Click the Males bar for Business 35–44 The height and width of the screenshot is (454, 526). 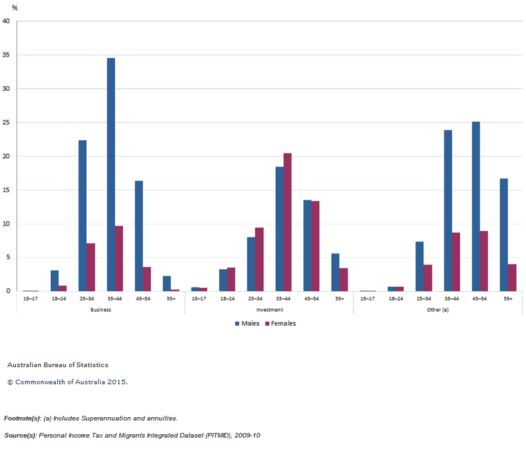(x=111, y=174)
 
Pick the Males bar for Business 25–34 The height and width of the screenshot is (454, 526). (x=82, y=216)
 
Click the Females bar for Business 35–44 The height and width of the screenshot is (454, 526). (x=118, y=259)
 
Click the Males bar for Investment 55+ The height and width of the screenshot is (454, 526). (x=335, y=272)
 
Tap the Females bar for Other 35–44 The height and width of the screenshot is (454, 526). (x=456, y=262)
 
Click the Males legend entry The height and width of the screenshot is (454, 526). (x=247, y=324)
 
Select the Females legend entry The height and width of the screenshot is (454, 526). (x=279, y=324)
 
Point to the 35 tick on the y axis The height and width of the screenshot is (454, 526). (x=6, y=55)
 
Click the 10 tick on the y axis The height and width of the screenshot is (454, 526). (x=6, y=224)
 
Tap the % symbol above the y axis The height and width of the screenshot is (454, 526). (x=14, y=8)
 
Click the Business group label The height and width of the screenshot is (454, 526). (x=100, y=309)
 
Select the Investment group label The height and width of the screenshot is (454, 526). (x=269, y=309)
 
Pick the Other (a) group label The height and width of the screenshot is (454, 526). (x=437, y=309)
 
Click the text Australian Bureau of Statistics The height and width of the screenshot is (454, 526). (x=58, y=365)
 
